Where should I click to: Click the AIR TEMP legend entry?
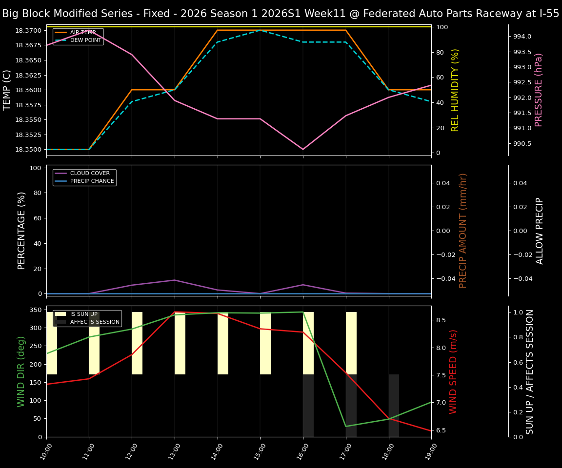coord(82,33)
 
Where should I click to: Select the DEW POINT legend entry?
coord(85,40)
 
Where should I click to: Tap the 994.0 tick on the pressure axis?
coord(522,37)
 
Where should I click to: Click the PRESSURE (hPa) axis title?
coord(539,90)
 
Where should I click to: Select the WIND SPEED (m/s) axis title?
coord(454,371)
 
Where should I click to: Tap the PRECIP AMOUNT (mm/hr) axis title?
coord(463,231)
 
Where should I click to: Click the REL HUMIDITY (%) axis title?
coord(456,90)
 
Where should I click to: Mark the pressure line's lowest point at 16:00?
coord(303,149)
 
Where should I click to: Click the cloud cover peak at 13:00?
coord(175,280)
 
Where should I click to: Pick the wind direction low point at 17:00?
coord(346,427)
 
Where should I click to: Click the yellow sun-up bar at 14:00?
coord(223,343)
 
